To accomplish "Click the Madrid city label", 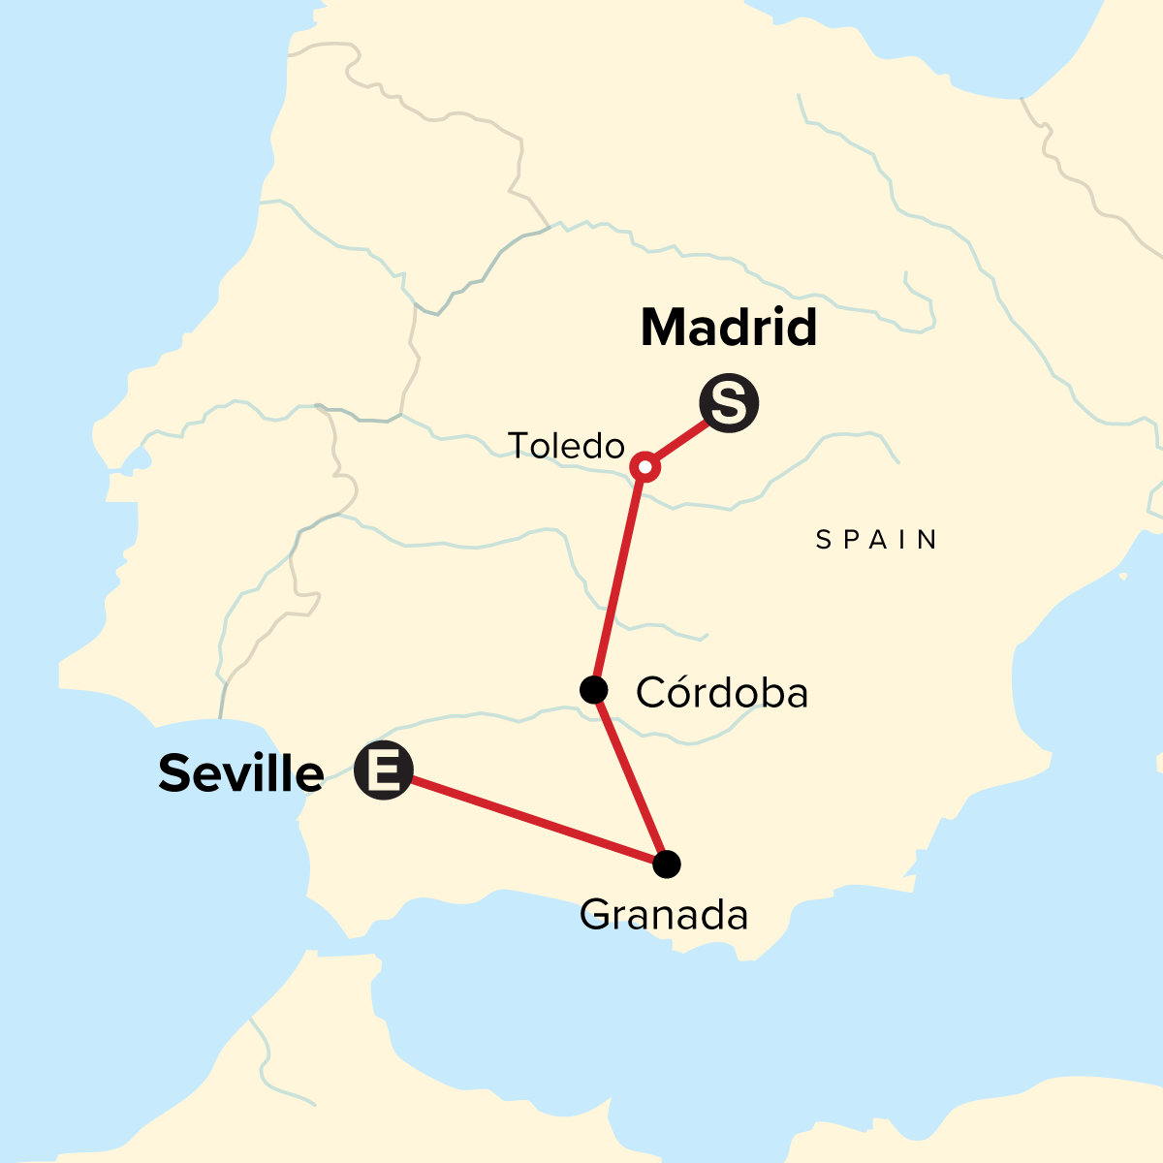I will click(729, 328).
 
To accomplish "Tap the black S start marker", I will click(729, 404).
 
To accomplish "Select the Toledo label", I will click(566, 446).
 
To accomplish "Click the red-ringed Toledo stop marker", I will click(645, 467).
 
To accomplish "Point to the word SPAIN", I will click(877, 540).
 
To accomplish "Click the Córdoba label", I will click(722, 692).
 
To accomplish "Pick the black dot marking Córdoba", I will click(593, 690).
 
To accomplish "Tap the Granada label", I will click(664, 914).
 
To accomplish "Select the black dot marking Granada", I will click(667, 864).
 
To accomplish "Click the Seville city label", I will click(241, 773).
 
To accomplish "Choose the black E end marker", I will click(384, 770).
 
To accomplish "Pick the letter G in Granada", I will click(595, 914).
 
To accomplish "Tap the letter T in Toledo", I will click(519, 446).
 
